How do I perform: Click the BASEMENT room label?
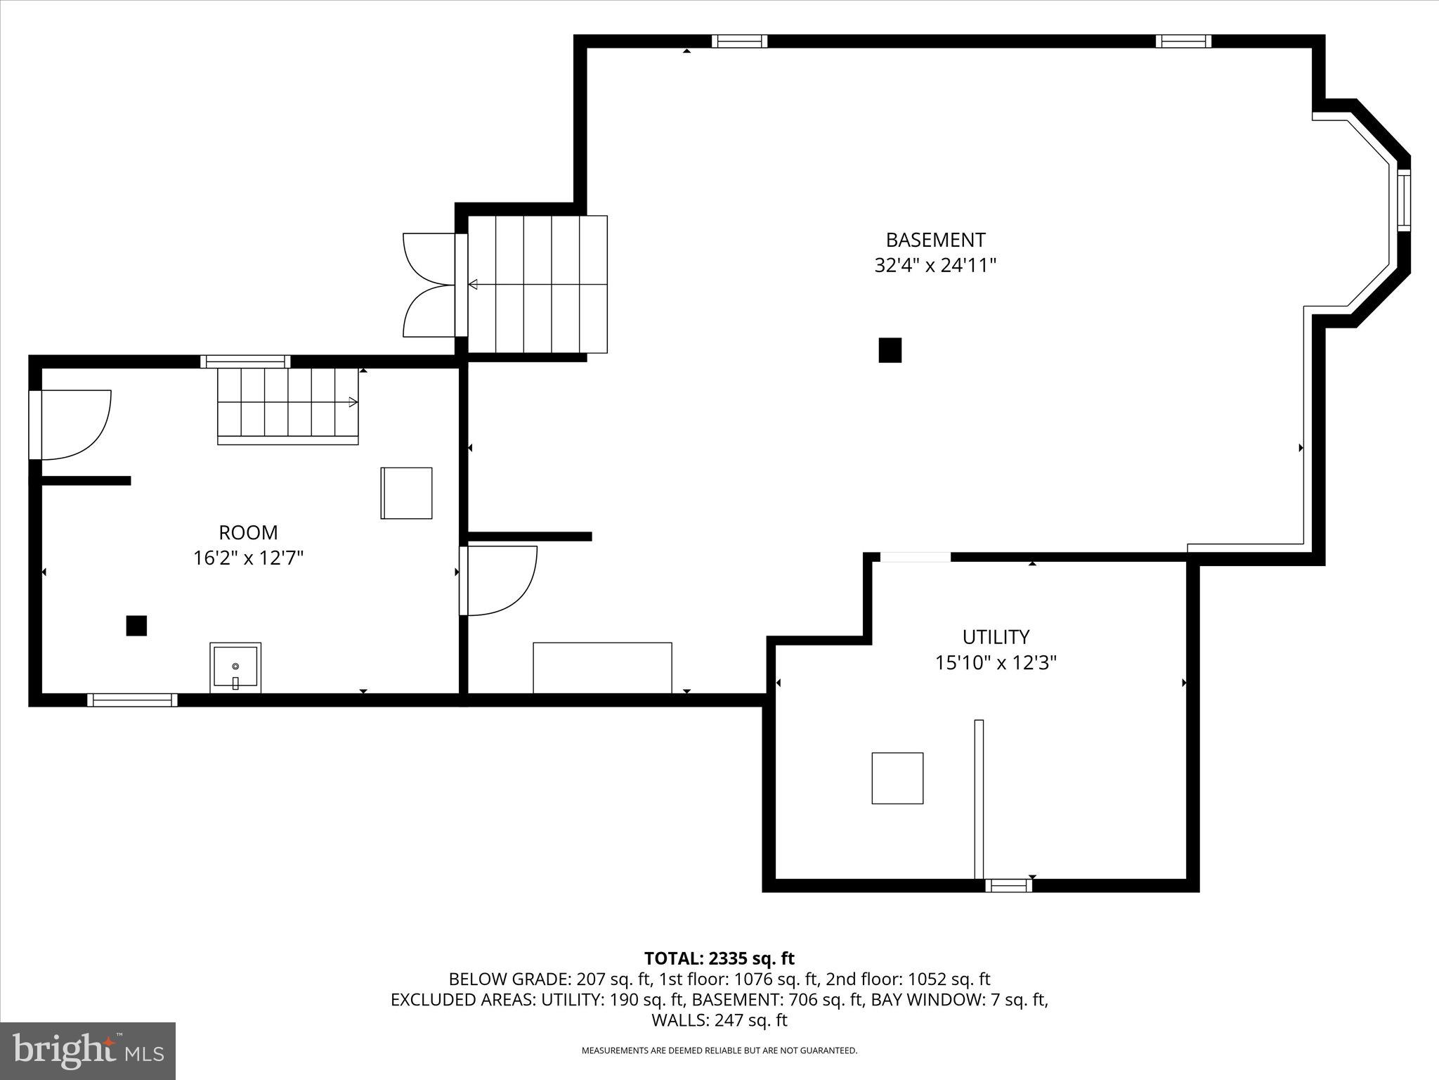(935, 240)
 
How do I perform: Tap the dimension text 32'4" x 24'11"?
(935, 266)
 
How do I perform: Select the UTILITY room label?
(995, 637)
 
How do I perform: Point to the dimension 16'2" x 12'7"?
(248, 558)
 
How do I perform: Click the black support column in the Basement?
(890, 350)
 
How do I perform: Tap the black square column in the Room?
(136, 626)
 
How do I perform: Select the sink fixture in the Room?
(235, 667)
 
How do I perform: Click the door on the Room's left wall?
(70, 425)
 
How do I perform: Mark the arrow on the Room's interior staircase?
(353, 402)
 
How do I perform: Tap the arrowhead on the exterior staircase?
(473, 285)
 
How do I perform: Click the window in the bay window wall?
(1403, 200)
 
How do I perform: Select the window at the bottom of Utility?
(1008, 885)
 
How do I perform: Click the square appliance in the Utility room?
(897, 778)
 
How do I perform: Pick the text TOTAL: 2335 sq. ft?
(719, 958)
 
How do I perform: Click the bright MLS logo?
(88, 1051)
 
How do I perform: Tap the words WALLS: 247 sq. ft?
(719, 1020)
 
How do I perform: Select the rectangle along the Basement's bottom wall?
(602, 667)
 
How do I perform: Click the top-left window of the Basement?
(739, 41)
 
